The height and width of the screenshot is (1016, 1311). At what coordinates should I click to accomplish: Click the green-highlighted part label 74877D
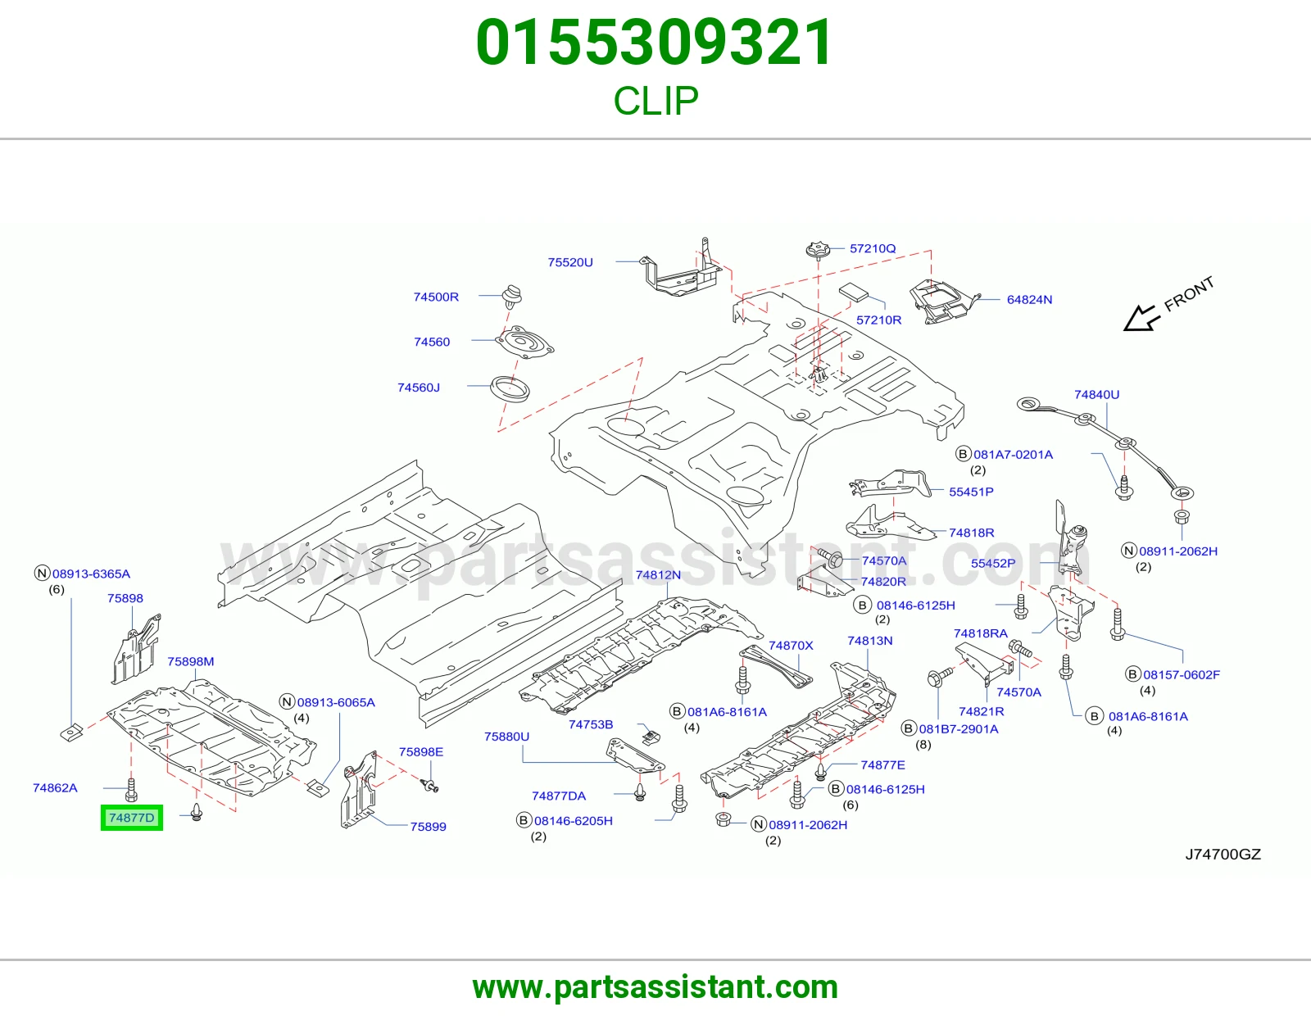(132, 818)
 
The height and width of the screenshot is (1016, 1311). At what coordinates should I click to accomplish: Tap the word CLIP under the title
(655, 101)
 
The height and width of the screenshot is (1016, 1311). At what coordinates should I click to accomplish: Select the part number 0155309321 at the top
(655, 43)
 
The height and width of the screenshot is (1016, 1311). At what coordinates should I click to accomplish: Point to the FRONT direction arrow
(1141, 318)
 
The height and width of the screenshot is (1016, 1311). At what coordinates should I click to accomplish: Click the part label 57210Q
(873, 248)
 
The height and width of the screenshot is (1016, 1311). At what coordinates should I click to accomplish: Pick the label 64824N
(1029, 300)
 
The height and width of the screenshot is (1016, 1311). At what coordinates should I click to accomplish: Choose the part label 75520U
(570, 262)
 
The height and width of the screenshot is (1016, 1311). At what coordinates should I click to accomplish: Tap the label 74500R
(436, 297)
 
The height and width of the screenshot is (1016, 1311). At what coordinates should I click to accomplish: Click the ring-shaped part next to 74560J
(510, 388)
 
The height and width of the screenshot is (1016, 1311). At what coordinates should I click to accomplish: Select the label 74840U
(1096, 395)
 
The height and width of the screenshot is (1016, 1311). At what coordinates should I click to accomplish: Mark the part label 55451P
(971, 492)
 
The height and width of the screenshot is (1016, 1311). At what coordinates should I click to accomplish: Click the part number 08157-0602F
(1182, 674)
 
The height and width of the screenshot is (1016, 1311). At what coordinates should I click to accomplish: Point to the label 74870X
(791, 646)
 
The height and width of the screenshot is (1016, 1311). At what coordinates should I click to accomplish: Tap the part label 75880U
(506, 737)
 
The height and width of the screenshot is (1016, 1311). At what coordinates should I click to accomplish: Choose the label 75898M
(191, 661)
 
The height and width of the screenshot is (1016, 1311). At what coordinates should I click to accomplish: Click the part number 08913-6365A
(91, 574)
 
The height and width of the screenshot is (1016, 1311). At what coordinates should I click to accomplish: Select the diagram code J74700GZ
(1223, 855)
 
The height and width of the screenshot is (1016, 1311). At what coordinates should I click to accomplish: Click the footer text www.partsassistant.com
(655, 987)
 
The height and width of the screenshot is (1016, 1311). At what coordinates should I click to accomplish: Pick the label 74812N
(658, 575)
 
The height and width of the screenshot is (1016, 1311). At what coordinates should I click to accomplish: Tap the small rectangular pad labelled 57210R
(853, 292)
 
